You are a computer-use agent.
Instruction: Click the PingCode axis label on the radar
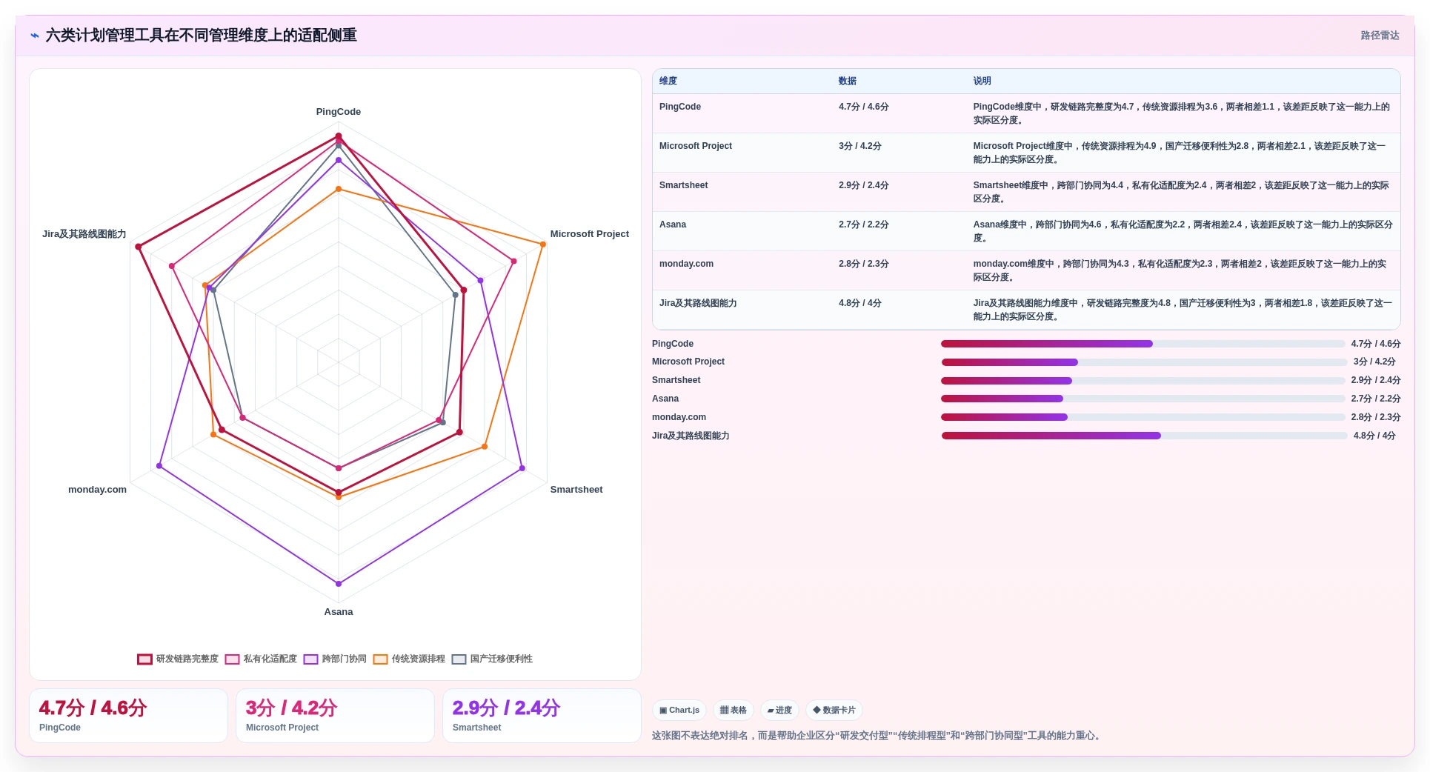(339, 112)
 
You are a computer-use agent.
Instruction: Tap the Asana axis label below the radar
(339, 612)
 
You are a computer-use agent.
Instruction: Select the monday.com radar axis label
(97, 490)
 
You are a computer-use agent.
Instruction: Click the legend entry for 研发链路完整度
(178, 659)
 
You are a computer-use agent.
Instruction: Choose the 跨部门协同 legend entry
(335, 659)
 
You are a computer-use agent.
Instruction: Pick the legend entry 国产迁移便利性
(492, 659)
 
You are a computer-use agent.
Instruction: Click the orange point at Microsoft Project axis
(543, 244)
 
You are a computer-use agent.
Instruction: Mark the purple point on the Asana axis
(339, 584)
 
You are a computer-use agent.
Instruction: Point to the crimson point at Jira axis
(139, 247)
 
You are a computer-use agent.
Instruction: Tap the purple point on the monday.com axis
(159, 466)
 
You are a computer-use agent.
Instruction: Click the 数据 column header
(848, 81)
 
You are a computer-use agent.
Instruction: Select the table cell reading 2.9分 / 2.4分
(864, 185)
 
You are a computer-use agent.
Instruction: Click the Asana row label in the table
(673, 224)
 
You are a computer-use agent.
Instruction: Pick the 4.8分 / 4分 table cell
(860, 303)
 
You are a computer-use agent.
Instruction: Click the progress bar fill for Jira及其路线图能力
(1051, 436)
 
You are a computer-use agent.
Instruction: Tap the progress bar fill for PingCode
(1047, 344)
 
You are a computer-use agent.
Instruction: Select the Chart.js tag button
(679, 711)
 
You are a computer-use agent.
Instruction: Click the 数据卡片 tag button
(834, 711)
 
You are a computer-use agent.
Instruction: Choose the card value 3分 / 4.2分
(291, 708)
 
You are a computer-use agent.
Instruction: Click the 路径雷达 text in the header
(1380, 36)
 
